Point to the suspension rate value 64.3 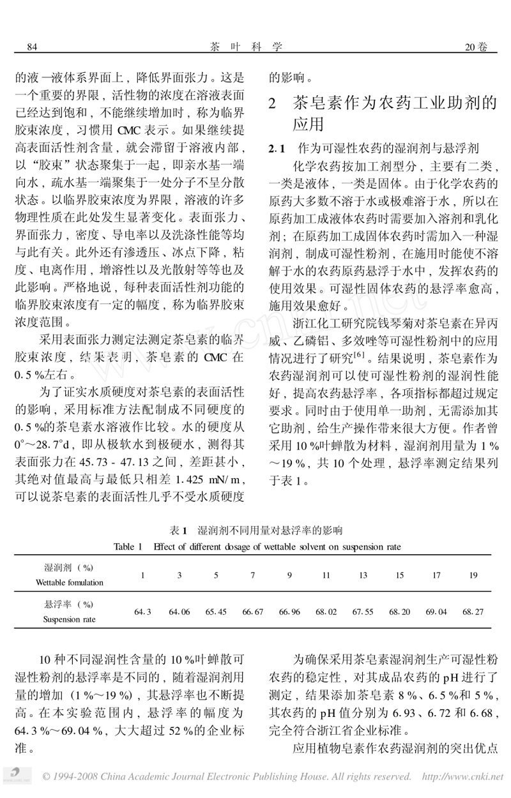[x=142, y=612]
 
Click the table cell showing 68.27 [x=473, y=612]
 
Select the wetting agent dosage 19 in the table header [x=473, y=575]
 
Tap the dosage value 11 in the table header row [x=326, y=575]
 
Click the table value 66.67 [x=252, y=612]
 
